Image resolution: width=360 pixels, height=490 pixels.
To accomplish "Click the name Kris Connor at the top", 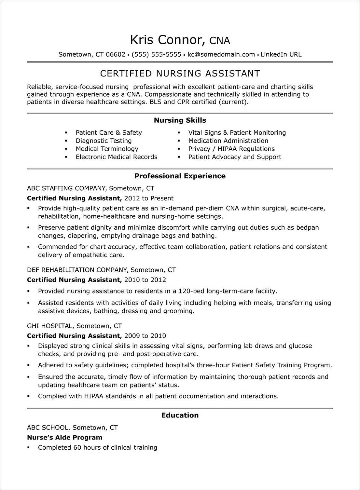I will pyautogui.click(x=167, y=40).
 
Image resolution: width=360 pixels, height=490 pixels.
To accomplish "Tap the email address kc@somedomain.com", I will pyautogui.click(x=221, y=54).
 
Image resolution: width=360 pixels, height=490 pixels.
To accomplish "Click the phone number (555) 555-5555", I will pyautogui.click(x=156, y=54).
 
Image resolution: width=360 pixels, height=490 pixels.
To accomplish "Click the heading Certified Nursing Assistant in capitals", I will pyautogui.click(x=180, y=74).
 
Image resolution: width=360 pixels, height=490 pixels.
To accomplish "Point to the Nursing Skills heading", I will pyautogui.click(x=180, y=120).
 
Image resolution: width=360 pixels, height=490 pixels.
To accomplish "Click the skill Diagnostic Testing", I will pyautogui.click(x=104, y=141).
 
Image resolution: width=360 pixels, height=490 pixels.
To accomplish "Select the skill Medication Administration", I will pyautogui.click(x=228, y=141).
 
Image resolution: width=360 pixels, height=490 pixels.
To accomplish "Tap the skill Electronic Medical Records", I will pyautogui.click(x=116, y=157).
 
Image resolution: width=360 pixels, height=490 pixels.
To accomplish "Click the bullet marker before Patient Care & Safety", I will pyautogui.click(x=66, y=133).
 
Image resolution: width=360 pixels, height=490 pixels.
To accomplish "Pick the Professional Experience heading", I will pyautogui.click(x=180, y=176).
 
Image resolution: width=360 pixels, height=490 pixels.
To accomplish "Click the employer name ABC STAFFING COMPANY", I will pyautogui.click(x=66, y=188).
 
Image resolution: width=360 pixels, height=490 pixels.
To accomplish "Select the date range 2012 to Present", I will pyautogui.click(x=149, y=198).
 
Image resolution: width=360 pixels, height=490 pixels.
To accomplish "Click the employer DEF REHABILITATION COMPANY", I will pyautogui.click(x=77, y=270).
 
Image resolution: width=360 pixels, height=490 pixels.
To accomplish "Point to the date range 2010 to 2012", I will pyautogui.click(x=145, y=280).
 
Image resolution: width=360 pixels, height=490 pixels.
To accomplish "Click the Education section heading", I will pyautogui.click(x=180, y=415).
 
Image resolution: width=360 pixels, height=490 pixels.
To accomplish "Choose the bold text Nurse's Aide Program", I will pyautogui.click(x=64, y=437).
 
